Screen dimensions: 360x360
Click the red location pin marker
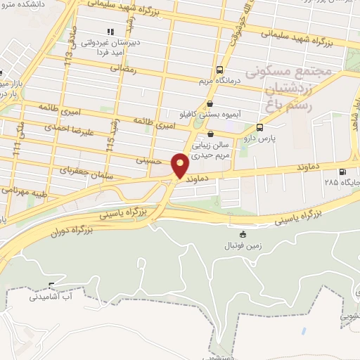[x=180, y=165]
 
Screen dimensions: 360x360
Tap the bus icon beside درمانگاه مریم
[x=220, y=70]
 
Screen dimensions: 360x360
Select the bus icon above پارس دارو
[x=260, y=128]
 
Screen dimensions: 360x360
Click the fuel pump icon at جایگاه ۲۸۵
[x=342, y=172]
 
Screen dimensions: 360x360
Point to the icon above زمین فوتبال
[x=243, y=234]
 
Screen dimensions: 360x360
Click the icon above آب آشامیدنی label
[x=51, y=286]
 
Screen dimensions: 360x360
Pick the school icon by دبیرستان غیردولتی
[x=109, y=32]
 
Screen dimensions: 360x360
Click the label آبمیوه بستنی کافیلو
[x=210, y=112]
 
